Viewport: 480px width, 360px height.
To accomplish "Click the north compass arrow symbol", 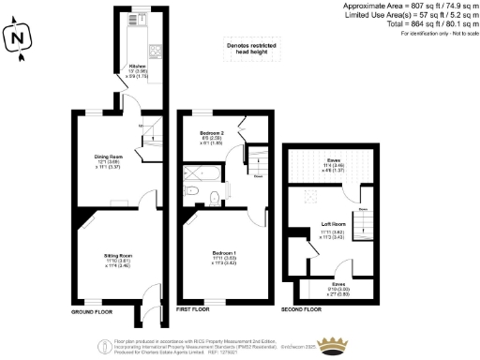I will (17, 38).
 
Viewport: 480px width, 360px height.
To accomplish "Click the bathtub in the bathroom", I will (201, 172).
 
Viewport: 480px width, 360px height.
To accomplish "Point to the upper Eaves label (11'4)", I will (333, 164).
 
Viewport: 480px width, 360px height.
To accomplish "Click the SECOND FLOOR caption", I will (309, 307).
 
